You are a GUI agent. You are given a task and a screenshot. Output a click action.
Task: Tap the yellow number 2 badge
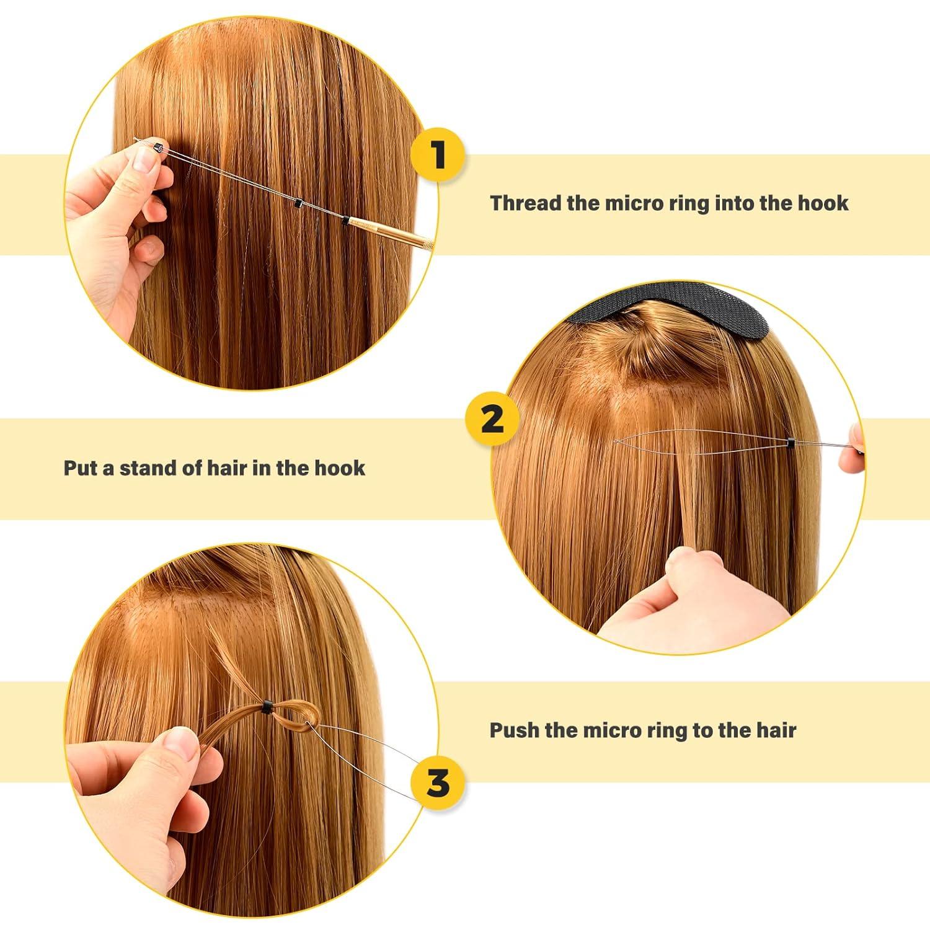[x=492, y=420]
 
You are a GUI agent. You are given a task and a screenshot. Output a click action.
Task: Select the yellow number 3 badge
[x=438, y=783]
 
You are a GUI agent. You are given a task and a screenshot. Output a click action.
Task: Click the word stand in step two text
[x=146, y=467]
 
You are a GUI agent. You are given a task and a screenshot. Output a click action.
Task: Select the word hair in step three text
[x=776, y=730]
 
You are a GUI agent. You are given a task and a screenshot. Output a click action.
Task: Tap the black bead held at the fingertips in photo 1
[x=158, y=148]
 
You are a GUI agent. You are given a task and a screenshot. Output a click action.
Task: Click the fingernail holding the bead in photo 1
[x=144, y=161]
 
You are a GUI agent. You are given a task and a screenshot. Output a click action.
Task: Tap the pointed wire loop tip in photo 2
[x=615, y=441]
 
